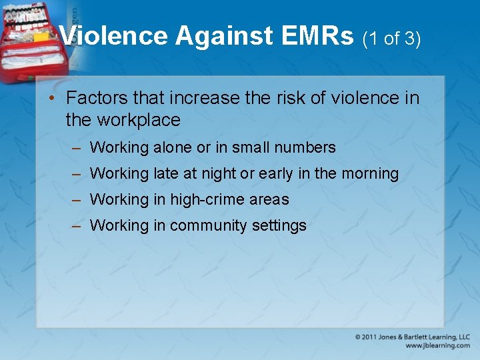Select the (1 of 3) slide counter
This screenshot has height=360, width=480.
[x=391, y=39]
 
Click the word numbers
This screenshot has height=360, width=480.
[x=307, y=147]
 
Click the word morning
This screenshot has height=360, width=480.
[x=369, y=174]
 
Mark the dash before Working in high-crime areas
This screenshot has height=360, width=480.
[x=77, y=199]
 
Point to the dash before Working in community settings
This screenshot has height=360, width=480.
[x=77, y=225]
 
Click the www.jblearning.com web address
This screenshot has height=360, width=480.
[x=437, y=346]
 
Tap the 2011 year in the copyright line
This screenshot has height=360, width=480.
[x=371, y=337]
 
